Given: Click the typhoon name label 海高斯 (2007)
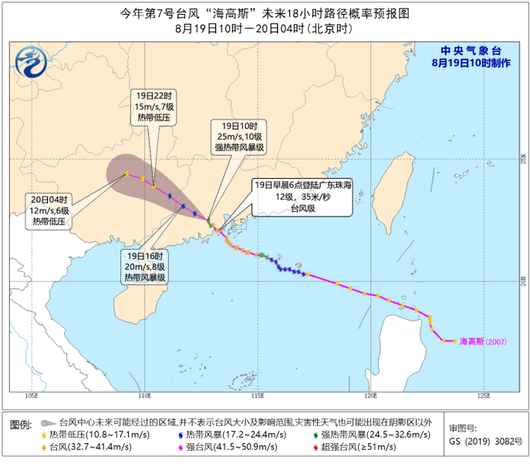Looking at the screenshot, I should point(484,341).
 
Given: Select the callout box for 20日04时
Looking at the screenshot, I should point(50,210).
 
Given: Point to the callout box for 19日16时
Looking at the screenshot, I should point(146,266).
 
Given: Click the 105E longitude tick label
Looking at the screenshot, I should point(32,396).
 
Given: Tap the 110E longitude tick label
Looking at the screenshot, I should point(144,396).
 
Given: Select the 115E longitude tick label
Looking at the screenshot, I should point(258,396).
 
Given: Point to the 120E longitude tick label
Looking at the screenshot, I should point(370,396).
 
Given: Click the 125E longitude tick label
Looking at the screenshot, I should point(483,396).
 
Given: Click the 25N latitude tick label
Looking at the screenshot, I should point(522,160).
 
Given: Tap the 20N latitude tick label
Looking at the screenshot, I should point(522,279).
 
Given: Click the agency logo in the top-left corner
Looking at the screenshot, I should point(32,58).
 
